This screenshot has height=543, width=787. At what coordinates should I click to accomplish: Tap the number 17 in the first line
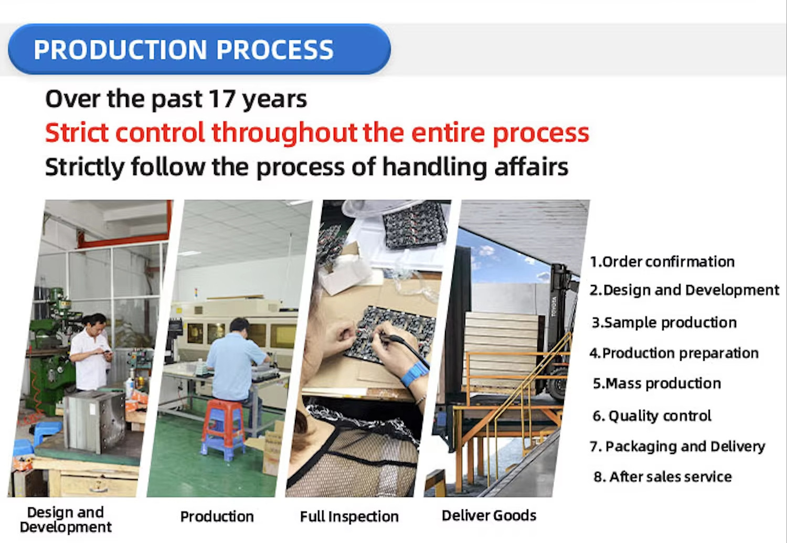(222, 99)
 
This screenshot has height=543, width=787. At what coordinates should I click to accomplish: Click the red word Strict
(77, 133)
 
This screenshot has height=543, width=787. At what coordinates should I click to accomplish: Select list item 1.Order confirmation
(662, 262)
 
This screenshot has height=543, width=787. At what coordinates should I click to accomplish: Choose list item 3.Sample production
(664, 323)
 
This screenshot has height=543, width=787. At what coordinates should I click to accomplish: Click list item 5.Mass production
(657, 384)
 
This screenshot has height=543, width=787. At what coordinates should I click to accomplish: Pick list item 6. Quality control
(652, 416)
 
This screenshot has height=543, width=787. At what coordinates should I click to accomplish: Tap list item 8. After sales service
(663, 476)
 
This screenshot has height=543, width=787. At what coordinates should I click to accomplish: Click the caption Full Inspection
(349, 517)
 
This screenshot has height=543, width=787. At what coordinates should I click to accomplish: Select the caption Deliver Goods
(488, 516)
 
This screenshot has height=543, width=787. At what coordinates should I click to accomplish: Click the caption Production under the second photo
(217, 517)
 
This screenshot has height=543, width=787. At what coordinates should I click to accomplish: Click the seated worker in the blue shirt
(237, 365)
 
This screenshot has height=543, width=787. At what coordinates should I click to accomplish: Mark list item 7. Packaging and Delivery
(677, 447)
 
